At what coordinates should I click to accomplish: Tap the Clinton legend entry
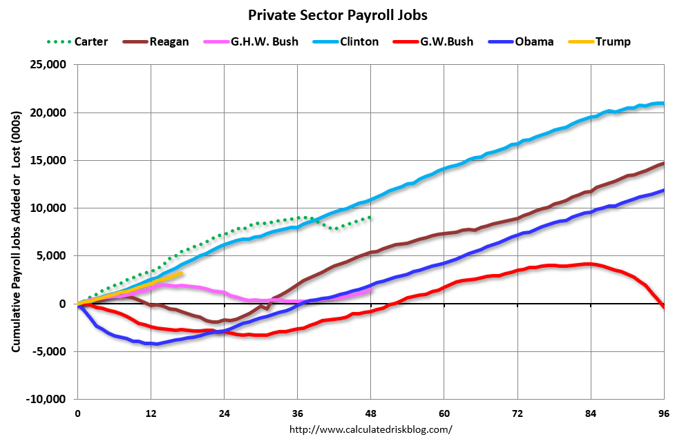pyautogui.click(x=359, y=41)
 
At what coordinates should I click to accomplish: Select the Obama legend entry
pyautogui.click(x=534, y=41)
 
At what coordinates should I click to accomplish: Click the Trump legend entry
pyautogui.click(x=614, y=41)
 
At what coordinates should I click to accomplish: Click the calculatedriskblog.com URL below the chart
pyautogui.click(x=370, y=429)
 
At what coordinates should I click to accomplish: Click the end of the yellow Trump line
pyautogui.click(x=181, y=273)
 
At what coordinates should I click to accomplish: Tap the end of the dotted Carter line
pyautogui.click(x=371, y=217)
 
